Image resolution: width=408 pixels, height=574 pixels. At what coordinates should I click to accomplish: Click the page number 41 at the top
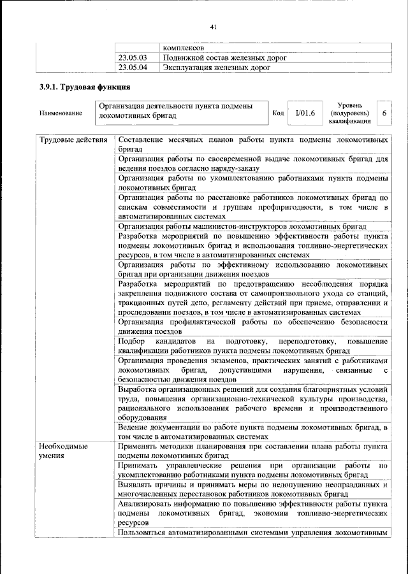pos(213,26)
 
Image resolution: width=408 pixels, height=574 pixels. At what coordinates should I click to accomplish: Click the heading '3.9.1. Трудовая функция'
pos(85,87)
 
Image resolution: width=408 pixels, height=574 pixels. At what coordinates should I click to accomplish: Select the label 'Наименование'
pos(61,113)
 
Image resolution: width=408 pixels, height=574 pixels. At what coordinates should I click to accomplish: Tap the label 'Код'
pos(278,113)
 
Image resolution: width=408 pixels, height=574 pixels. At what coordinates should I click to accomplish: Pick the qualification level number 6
pos(384,113)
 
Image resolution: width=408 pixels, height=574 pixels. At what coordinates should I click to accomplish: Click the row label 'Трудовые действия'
pos(73,140)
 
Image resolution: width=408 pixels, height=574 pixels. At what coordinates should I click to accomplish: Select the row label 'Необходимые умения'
pos(63,452)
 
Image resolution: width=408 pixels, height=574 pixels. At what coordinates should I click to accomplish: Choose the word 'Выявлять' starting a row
pos(138,484)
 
